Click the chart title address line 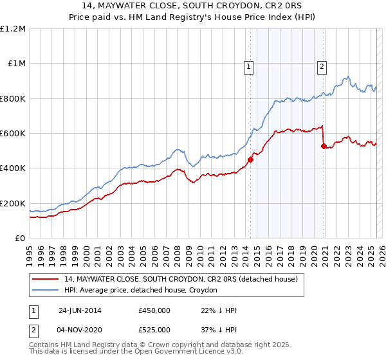point(193,6)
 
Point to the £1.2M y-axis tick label point(13,29)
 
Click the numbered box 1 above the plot point(248,65)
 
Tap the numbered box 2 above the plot point(321,65)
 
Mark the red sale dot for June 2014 point(250,160)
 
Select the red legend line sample point(45,280)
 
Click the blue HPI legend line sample point(45,291)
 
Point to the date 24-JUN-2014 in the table point(80,310)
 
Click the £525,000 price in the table point(154,330)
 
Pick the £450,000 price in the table point(154,310)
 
